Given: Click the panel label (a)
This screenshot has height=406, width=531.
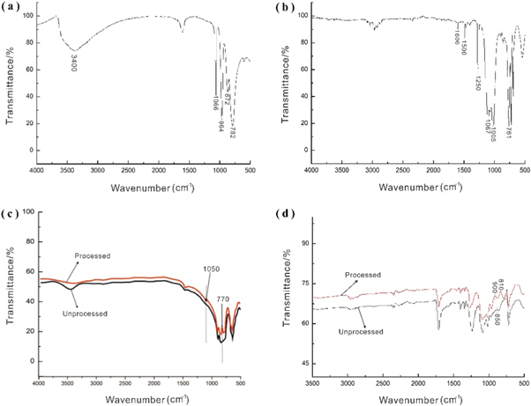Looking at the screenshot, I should tap(12, 6).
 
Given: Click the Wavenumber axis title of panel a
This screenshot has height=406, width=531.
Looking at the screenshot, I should tap(154, 187).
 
